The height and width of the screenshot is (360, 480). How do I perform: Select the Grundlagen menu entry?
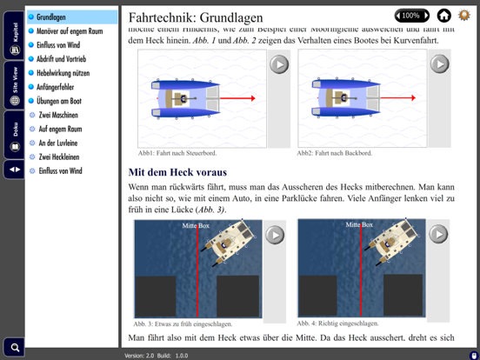(x=51, y=17)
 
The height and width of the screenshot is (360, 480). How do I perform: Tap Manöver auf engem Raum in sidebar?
(x=70, y=31)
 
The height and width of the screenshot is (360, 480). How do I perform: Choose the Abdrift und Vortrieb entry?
(x=62, y=59)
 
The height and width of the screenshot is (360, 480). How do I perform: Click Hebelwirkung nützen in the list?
(x=63, y=73)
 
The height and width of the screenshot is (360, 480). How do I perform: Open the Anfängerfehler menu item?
(x=56, y=87)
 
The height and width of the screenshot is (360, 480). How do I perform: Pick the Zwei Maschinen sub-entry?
(x=57, y=115)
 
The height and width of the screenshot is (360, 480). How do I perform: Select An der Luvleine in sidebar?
(x=57, y=143)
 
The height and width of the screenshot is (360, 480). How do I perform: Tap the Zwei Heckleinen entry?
(x=59, y=157)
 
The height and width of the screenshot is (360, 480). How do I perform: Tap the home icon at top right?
(x=443, y=16)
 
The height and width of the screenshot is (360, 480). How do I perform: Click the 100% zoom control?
(x=411, y=16)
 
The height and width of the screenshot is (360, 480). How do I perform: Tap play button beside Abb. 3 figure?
(x=275, y=235)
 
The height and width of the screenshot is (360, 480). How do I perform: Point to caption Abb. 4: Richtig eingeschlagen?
(x=337, y=323)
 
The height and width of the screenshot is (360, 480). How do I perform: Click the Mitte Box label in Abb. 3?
(x=196, y=225)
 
